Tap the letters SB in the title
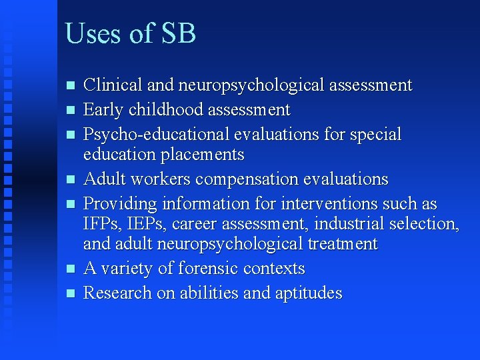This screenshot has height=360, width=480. (178, 33)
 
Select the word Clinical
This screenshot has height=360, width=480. (113, 85)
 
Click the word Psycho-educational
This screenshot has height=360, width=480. (156, 135)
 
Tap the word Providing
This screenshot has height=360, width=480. (119, 204)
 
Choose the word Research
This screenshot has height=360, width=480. (117, 293)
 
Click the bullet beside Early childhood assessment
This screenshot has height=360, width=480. (69, 110)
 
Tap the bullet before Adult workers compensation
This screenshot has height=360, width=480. (69, 179)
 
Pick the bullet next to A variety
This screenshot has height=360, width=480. (69, 269)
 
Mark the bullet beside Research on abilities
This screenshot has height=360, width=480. (69, 293)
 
